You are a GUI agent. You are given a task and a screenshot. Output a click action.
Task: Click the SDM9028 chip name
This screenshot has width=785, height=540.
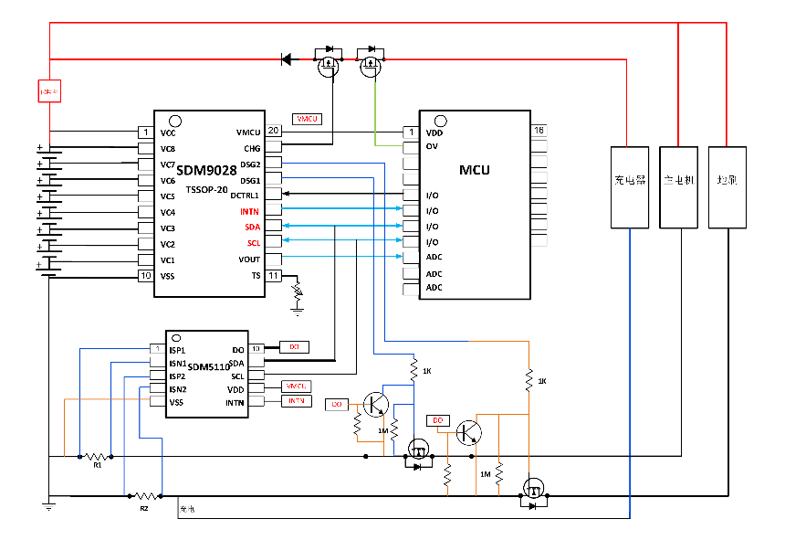tap(206, 171)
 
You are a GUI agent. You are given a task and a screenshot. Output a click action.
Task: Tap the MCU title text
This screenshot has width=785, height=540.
tap(475, 170)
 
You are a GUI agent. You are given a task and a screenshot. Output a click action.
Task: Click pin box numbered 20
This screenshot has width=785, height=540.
tap(273, 132)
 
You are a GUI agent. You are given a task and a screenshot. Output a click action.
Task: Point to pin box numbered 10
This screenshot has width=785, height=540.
tap(145, 276)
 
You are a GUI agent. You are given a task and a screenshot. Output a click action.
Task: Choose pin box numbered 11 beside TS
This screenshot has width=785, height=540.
tap(273, 276)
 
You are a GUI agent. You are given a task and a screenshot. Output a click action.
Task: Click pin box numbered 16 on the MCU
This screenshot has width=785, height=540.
tap(539, 132)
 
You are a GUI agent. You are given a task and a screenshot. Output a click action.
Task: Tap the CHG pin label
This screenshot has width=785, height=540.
tap(252, 149)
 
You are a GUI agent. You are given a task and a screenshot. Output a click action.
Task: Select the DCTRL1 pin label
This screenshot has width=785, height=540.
tap(245, 196)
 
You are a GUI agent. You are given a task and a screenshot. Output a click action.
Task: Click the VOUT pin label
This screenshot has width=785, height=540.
tap(248, 259)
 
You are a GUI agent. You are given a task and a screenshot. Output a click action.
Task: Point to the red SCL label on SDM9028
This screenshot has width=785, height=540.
tap(253, 244)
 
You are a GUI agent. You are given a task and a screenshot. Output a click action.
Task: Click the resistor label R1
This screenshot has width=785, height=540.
tap(97, 465)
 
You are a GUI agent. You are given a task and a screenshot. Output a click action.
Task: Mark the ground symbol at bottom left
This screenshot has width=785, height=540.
tap(49, 503)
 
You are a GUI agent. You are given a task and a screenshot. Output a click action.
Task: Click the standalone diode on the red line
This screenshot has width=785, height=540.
tap(287, 59)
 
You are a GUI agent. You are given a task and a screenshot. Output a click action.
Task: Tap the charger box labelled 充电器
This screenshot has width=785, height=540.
tap(630, 180)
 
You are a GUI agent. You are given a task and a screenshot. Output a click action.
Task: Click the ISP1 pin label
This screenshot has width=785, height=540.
tap(177, 349)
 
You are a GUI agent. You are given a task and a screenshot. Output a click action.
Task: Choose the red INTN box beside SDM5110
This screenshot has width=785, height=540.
tap(297, 401)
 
